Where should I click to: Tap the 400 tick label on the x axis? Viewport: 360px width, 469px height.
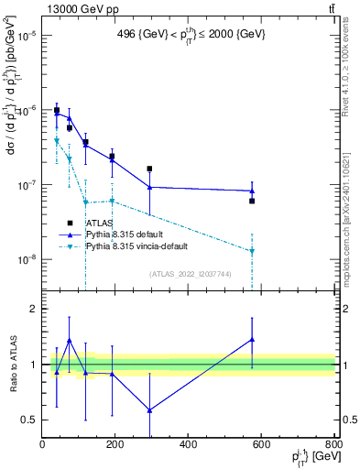187,445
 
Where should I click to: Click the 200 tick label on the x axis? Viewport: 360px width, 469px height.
115,445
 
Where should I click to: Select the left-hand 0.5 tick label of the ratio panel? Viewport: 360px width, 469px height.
29,420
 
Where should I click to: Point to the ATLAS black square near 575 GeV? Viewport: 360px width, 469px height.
252,201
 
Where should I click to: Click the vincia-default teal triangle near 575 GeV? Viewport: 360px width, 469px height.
252,251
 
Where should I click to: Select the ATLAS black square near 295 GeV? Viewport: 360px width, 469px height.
149,169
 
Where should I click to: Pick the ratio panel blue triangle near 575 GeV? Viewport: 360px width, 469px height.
252,340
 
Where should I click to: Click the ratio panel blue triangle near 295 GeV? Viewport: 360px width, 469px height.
149,410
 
